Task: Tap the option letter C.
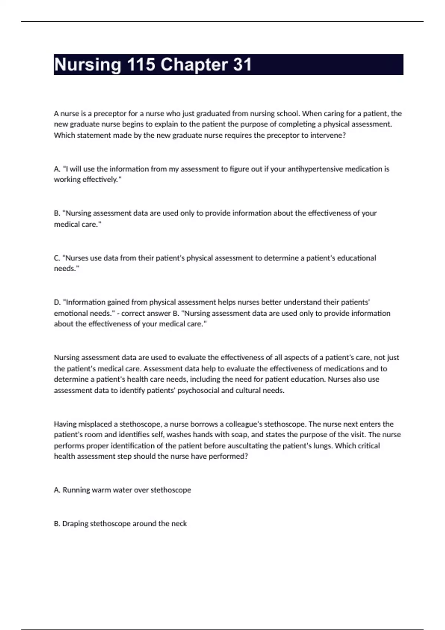point(57,258)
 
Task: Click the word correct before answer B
point(133,313)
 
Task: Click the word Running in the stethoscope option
point(76,490)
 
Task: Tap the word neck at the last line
point(179,524)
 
